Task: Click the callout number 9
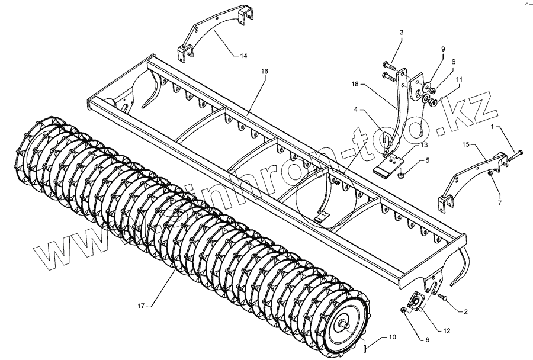coord(441,48)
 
